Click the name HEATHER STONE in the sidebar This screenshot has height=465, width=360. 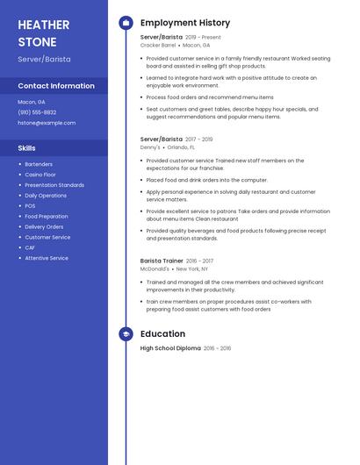37,32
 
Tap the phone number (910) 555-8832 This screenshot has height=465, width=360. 37,112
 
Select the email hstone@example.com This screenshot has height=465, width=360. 47,123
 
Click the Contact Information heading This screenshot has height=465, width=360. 56,86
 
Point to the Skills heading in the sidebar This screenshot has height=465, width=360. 27,148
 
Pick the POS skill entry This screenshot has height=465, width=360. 30,206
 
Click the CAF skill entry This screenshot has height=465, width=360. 30,247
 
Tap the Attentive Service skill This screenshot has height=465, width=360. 47,258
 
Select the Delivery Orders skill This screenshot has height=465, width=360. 44,226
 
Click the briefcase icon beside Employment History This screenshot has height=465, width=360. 126,23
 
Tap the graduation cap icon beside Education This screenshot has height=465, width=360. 126,334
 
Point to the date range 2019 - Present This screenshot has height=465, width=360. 203,38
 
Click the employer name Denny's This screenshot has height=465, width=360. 150,147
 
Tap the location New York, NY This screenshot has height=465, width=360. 193,269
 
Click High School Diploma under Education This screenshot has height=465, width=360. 170,348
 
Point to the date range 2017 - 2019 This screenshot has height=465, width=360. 199,139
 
